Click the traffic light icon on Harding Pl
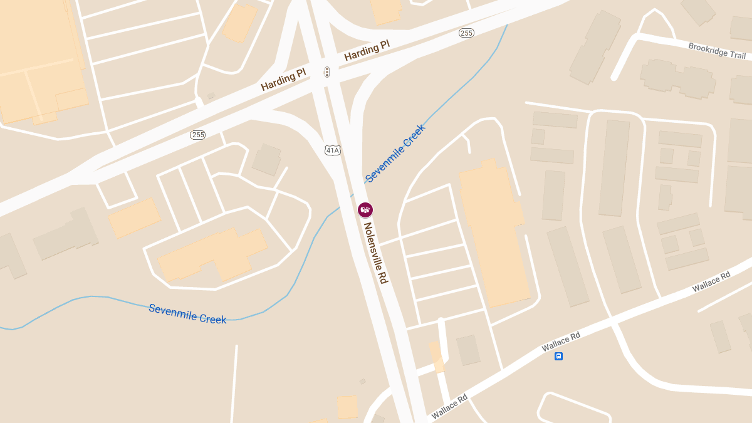click(x=326, y=72)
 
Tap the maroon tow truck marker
click(x=365, y=210)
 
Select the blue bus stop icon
click(x=558, y=356)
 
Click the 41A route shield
click(x=333, y=150)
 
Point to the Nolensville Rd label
click(x=375, y=253)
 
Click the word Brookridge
click(x=707, y=48)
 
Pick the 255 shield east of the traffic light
click(x=466, y=33)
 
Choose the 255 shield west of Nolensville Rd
click(x=198, y=135)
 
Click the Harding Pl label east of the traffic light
click(x=367, y=52)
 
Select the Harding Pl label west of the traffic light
click(x=283, y=80)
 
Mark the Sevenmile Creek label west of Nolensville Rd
click(x=187, y=313)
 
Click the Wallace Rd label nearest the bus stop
click(x=561, y=340)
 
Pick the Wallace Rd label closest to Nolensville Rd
click(x=449, y=405)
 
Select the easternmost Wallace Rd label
click(x=711, y=282)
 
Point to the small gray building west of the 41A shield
click(x=267, y=160)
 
